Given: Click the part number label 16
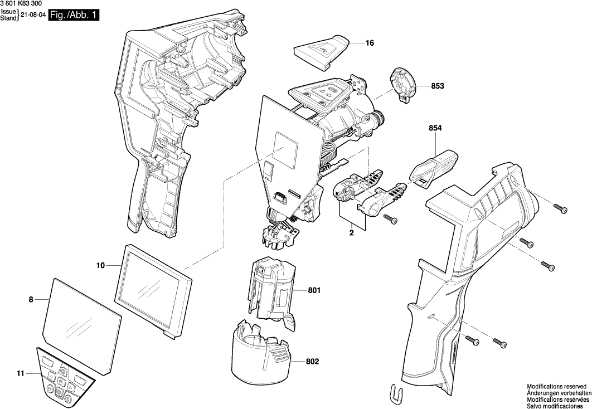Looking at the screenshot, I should point(370,43).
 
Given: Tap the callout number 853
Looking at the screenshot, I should point(438,86).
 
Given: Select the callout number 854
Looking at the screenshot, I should point(435,129).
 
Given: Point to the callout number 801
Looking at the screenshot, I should point(314,290).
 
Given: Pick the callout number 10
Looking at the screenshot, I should point(100,266).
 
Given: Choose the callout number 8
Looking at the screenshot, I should point(31,300).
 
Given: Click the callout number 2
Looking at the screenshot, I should point(352,233).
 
